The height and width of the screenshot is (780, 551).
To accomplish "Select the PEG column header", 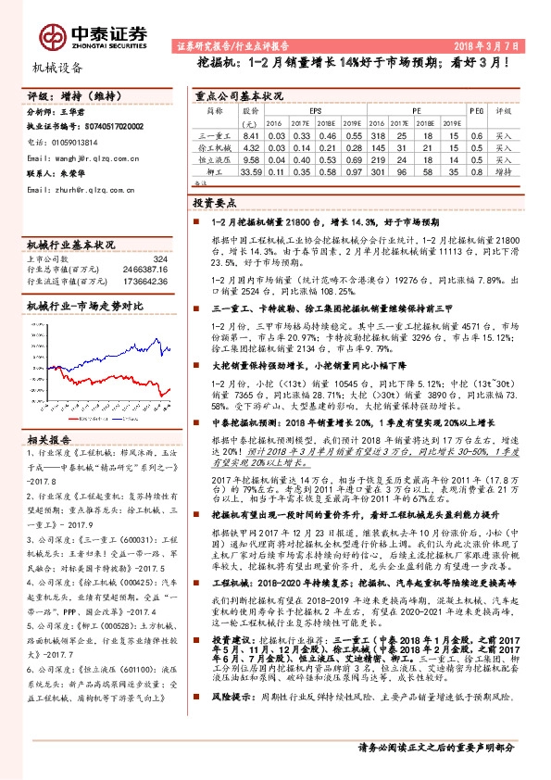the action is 477,109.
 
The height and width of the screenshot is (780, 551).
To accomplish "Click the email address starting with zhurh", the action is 86,190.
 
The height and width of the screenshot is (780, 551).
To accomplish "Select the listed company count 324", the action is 159,259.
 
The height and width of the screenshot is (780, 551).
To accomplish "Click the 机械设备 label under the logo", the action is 57,68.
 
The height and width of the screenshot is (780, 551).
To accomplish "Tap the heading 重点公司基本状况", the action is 239,95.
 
